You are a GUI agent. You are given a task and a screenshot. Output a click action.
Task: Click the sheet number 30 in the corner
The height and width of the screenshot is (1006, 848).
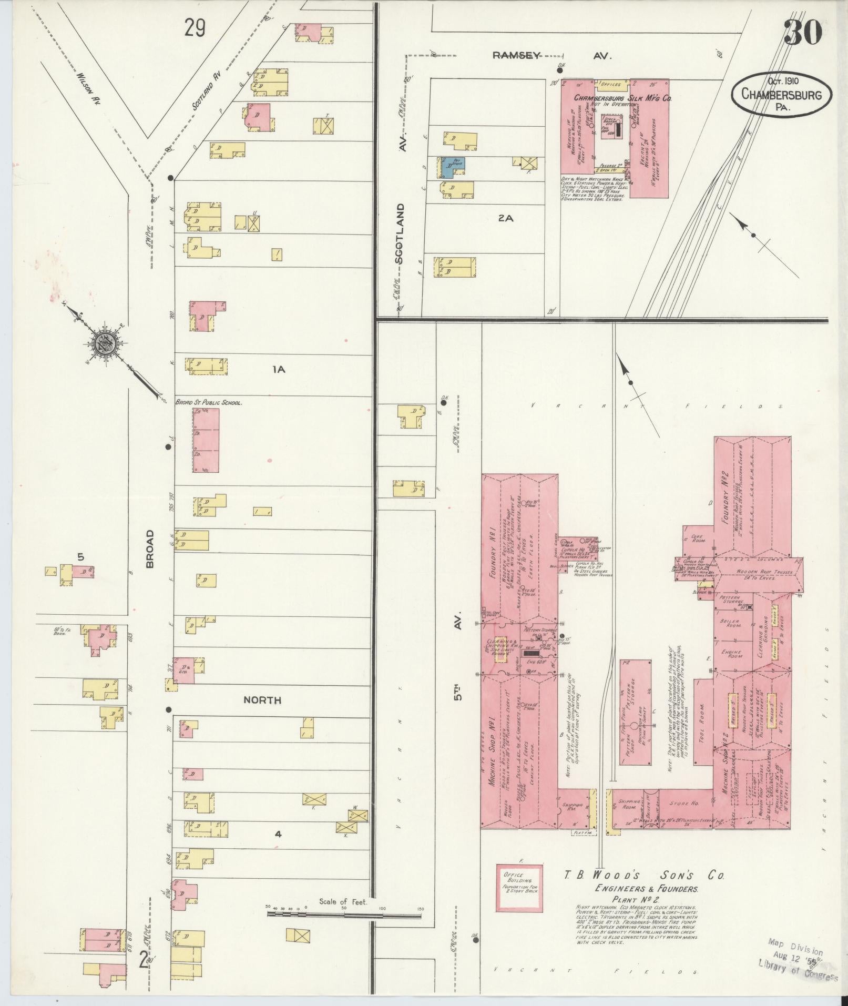(803, 33)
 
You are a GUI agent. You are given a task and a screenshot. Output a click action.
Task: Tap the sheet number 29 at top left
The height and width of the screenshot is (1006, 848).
(194, 28)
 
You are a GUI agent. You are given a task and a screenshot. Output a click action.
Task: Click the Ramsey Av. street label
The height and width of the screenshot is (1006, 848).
(552, 56)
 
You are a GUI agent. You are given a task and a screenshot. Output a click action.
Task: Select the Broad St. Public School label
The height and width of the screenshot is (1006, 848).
(208, 402)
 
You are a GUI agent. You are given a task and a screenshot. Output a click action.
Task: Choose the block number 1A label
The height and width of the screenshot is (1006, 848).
(278, 370)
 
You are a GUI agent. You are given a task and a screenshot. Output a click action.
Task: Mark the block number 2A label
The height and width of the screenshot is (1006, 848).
(505, 218)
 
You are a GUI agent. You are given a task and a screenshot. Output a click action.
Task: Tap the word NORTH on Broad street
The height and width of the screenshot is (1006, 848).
(262, 700)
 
